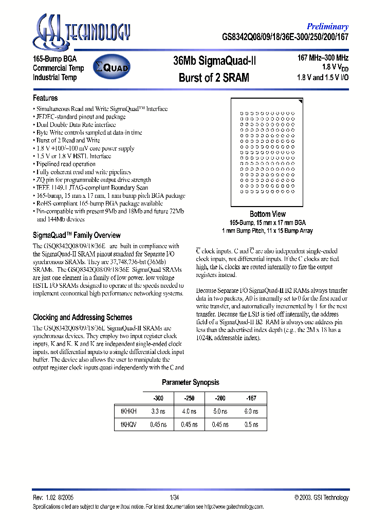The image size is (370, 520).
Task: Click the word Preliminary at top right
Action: tap(327, 27)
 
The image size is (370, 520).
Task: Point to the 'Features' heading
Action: tap(45, 98)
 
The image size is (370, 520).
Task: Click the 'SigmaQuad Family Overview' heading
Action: tap(77, 235)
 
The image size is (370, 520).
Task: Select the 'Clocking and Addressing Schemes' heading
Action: tap(82, 318)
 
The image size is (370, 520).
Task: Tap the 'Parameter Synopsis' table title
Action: tap(190, 382)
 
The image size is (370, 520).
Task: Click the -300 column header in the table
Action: tap(158, 398)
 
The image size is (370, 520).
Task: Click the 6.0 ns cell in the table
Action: tap(251, 412)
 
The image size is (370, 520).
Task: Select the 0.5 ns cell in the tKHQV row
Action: tap(251, 424)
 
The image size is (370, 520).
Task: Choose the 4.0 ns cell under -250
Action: tap(189, 412)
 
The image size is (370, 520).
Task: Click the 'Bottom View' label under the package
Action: tap(267, 214)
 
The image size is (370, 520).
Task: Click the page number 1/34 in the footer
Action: tap(175, 497)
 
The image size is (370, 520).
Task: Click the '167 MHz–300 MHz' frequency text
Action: tap(323, 58)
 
